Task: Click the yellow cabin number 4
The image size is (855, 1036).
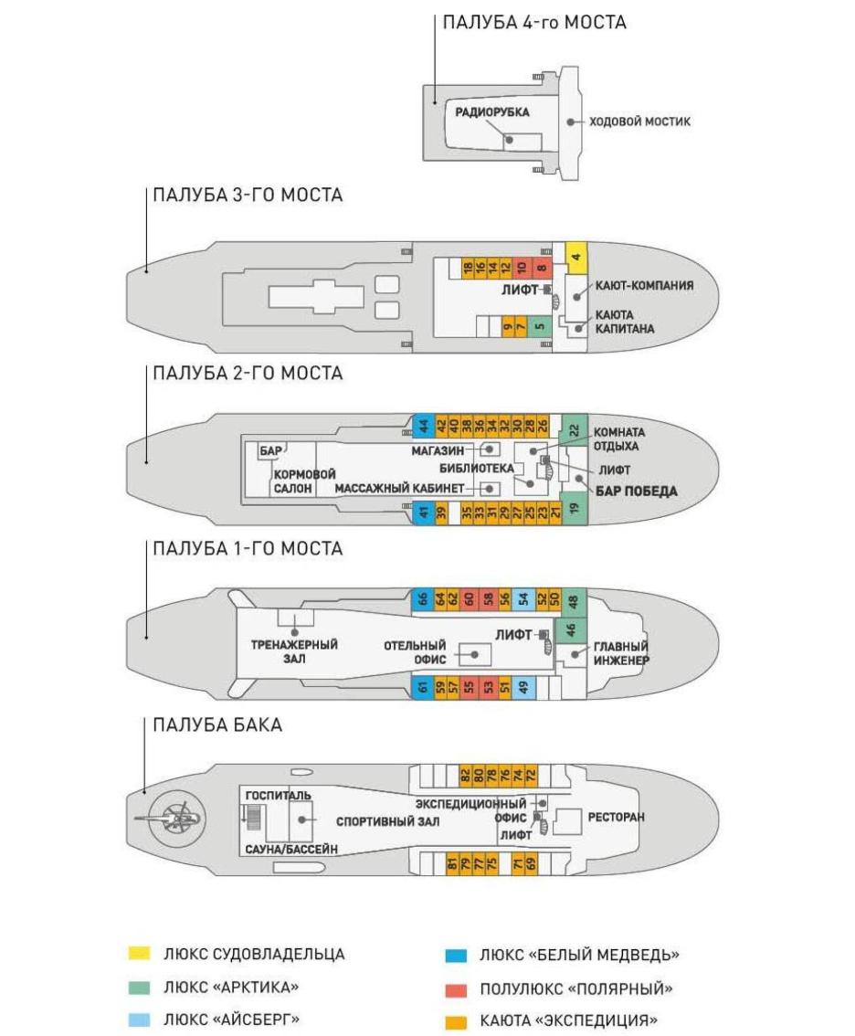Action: [x=576, y=257]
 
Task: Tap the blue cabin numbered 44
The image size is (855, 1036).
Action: [x=423, y=426]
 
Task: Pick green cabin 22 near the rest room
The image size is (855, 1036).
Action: [x=575, y=430]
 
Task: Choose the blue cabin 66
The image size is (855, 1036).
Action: [x=421, y=599]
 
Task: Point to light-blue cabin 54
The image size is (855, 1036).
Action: [x=522, y=599]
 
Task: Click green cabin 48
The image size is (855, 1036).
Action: [x=573, y=601]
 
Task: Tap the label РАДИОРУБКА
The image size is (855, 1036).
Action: [x=491, y=112]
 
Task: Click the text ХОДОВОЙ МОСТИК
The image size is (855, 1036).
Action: [x=639, y=122]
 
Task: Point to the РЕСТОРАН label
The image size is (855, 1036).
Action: [x=616, y=818]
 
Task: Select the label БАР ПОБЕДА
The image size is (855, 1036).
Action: [x=637, y=491]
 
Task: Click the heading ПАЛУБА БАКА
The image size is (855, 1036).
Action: [x=217, y=724]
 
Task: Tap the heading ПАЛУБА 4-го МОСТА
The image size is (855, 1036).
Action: [x=533, y=23]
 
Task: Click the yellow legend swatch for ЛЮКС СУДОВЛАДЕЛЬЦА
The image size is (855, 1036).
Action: [x=140, y=953]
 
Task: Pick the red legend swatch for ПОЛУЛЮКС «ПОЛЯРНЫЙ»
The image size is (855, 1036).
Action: [x=456, y=989]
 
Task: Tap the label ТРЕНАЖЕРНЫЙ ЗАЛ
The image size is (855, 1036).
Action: [x=294, y=651]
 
